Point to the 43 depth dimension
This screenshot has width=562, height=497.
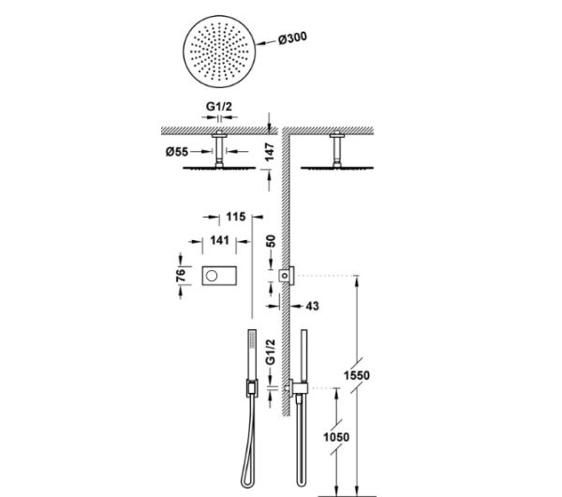[x=312, y=306]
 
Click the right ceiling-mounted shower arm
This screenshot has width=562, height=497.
[x=333, y=150]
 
